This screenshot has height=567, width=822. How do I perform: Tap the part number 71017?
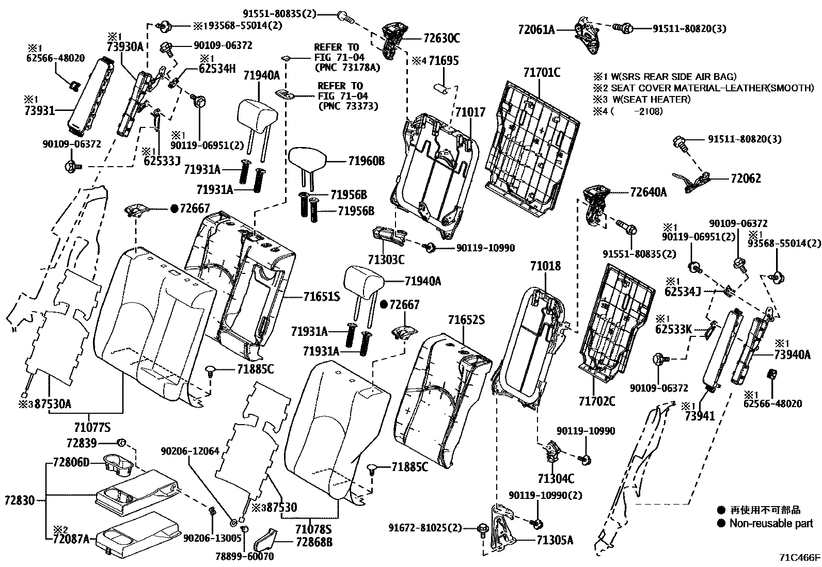pyautogui.click(x=470, y=111)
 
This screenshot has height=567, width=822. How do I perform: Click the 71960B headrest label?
pyautogui.click(x=366, y=161)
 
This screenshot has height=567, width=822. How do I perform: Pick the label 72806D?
pyautogui.click(x=71, y=462)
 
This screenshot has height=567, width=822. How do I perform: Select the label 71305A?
pyautogui.click(x=555, y=540)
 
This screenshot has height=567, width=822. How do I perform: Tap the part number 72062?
pyautogui.click(x=746, y=179)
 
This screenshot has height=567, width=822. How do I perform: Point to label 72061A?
pyautogui.click(x=536, y=29)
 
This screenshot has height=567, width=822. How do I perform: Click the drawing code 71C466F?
pyautogui.click(x=800, y=558)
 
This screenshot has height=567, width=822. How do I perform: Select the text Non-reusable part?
pyautogui.click(x=771, y=524)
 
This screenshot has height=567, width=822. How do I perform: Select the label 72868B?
pyautogui.click(x=314, y=542)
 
